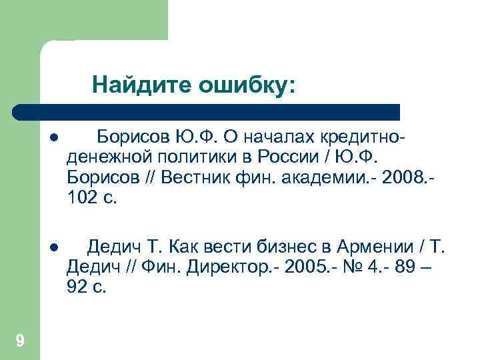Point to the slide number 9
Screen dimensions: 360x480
[x=20, y=342]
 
